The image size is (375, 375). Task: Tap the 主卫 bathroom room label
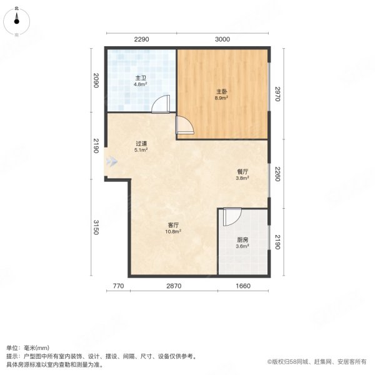click(141, 80)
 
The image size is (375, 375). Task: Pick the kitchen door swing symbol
click(230, 217)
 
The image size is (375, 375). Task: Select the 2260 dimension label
click(278, 172)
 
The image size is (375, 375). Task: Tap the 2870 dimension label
click(174, 286)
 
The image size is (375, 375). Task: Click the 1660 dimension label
click(243, 286)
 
